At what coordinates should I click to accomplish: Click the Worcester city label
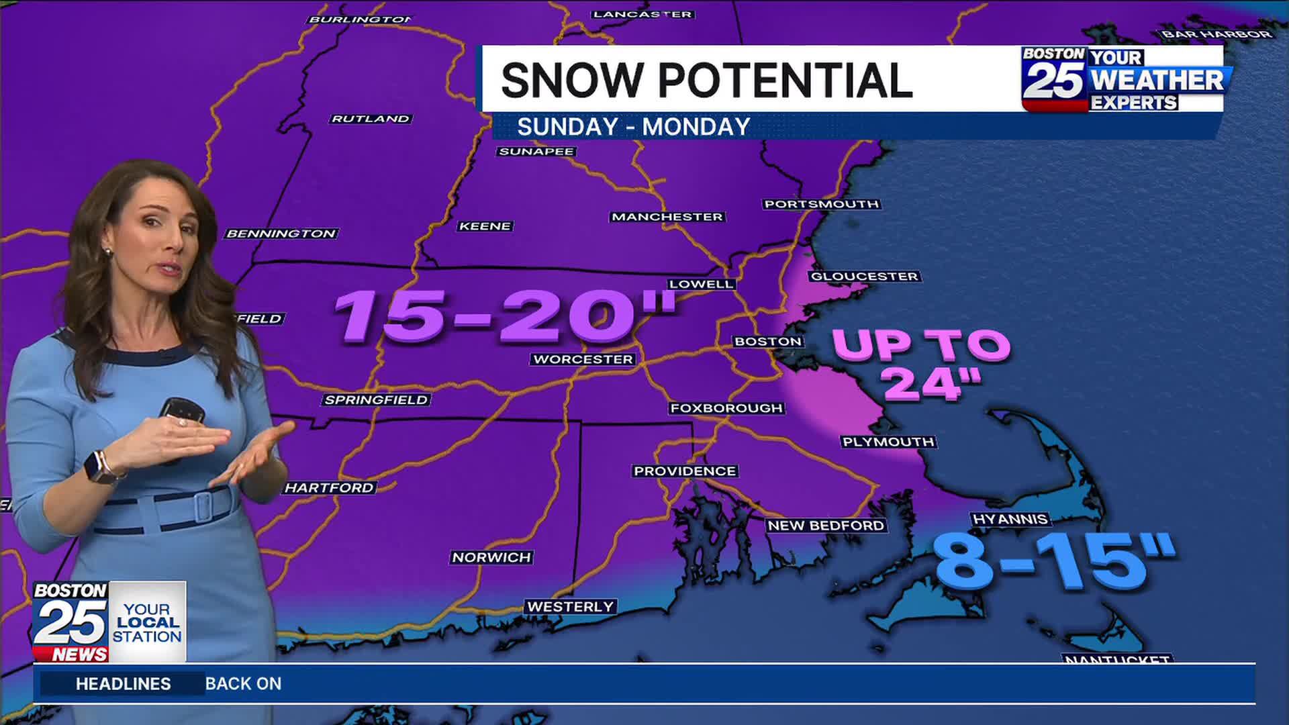tap(583, 359)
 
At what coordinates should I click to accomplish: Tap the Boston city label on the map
tap(768, 342)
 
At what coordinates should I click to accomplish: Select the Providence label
tap(685, 471)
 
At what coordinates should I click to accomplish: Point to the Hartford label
tap(329, 488)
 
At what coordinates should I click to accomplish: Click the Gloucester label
tap(864, 277)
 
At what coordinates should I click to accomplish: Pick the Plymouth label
tap(888, 442)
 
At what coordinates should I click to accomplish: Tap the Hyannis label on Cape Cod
tap(1010, 519)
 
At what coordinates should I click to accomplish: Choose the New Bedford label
tap(826, 526)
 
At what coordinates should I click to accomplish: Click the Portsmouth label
tap(821, 204)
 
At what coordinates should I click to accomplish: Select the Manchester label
tap(667, 217)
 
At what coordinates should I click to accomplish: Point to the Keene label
tap(485, 226)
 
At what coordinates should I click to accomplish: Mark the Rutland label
tap(371, 119)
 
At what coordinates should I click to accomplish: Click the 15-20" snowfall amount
tap(504, 316)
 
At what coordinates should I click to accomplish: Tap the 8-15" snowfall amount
tap(1054, 561)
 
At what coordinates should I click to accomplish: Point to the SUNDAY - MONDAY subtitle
tap(633, 127)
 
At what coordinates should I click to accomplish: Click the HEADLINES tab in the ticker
tap(123, 683)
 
